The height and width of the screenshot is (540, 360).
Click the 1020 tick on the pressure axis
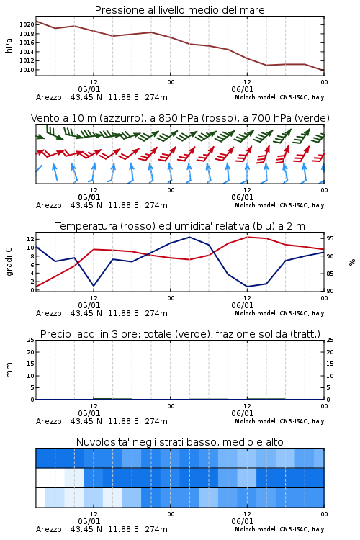[27, 24]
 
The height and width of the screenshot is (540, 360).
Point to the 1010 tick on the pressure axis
[27, 70]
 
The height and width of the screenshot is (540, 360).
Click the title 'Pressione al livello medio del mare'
[180, 10]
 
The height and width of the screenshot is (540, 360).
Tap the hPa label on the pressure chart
[9, 45]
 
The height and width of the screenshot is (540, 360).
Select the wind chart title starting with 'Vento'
[180, 118]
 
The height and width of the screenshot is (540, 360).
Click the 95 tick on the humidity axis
[330, 238]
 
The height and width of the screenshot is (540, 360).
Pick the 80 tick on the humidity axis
[330, 291]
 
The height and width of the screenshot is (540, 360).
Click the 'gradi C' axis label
[9, 261]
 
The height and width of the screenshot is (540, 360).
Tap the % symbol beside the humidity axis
[352, 262]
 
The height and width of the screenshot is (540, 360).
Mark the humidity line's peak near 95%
[189, 237]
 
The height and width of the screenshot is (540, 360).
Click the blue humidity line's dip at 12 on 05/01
[94, 286]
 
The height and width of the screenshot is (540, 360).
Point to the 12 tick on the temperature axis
[30, 239]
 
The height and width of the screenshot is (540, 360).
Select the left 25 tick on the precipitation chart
[31, 341]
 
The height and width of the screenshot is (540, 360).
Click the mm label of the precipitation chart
[9, 370]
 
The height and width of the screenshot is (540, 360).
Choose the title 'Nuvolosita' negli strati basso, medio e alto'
[180, 442]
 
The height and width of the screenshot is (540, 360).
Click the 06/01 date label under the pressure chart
[243, 89]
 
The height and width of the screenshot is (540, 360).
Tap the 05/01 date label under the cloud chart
[89, 521]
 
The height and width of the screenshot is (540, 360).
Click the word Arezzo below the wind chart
[48, 206]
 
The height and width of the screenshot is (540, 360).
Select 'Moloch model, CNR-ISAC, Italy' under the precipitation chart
[279, 421]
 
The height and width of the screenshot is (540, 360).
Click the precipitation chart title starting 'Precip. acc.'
[180, 334]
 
